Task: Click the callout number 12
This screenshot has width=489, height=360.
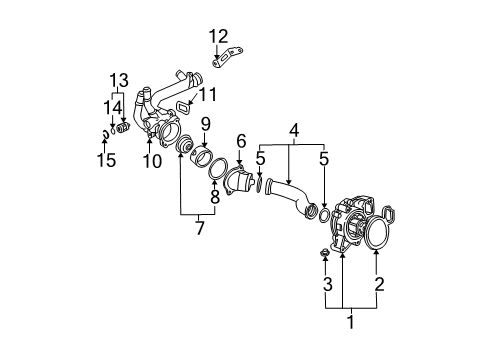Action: pos(218,36)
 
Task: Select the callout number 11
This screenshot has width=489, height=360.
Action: pos(208,94)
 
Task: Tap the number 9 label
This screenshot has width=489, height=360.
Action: pos(206,124)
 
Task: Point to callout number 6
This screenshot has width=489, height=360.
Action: pos(241,141)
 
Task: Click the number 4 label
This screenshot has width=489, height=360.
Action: pos(294,131)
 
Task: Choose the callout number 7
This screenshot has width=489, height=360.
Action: pos(199,228)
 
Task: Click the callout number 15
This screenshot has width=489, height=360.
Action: pos(107,160)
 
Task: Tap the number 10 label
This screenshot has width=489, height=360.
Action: pos(152,161)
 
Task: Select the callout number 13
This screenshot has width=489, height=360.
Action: pos(119,80)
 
